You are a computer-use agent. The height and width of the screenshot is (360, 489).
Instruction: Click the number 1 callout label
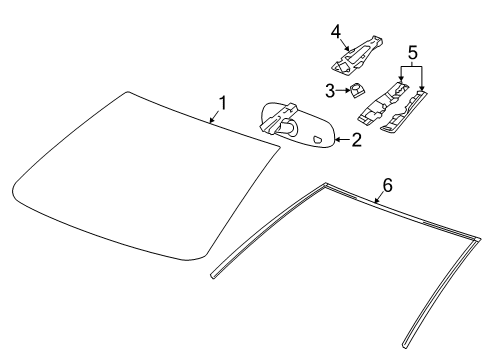tap(223, 102)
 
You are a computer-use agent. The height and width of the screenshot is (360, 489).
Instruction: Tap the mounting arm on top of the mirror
tap(277, 117)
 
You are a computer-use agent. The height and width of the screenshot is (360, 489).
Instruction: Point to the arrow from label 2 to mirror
tap(341, 140)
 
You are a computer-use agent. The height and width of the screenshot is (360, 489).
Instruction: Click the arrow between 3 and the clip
tap(342, 92)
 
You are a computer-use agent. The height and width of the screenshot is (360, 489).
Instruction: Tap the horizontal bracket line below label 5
tap(410, 65)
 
